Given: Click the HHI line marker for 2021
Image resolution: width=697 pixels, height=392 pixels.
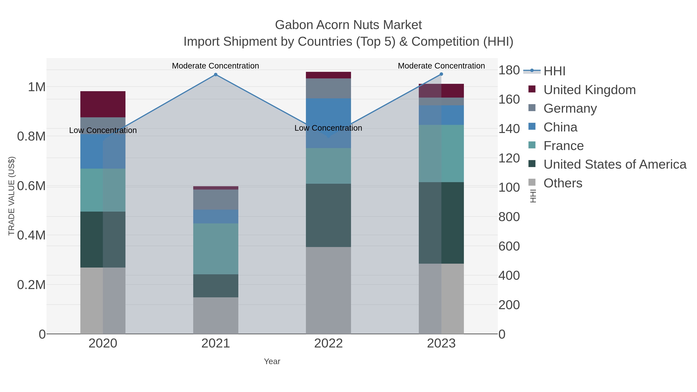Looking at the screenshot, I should pos(216,75).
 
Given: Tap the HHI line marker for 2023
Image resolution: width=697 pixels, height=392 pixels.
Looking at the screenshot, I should pos(441,74).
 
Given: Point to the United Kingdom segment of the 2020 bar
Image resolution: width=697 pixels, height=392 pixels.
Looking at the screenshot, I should pos(103,104).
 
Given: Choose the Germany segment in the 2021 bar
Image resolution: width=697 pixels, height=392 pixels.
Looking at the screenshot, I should pos(216,199).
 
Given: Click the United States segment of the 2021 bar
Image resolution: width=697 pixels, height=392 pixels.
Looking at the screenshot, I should pos(216,286).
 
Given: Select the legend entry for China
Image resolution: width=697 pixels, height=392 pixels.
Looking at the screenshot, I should pos(560,127).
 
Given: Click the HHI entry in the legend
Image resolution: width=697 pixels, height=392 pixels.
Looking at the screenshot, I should pos(554,71).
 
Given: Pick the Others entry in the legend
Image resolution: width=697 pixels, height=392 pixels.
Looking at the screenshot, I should pos(563,183).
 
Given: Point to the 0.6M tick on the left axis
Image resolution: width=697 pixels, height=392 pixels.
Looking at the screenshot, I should pos(31,186).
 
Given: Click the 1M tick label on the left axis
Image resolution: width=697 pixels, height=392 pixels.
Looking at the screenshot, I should pos(37,87).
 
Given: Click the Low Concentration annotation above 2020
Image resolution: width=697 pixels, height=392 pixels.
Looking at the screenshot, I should pos(103,130).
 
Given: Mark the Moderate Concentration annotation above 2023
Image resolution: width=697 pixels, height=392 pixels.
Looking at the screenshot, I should pos(441,66).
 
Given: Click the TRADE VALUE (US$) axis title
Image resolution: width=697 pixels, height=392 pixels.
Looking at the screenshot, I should pos(11,196).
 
